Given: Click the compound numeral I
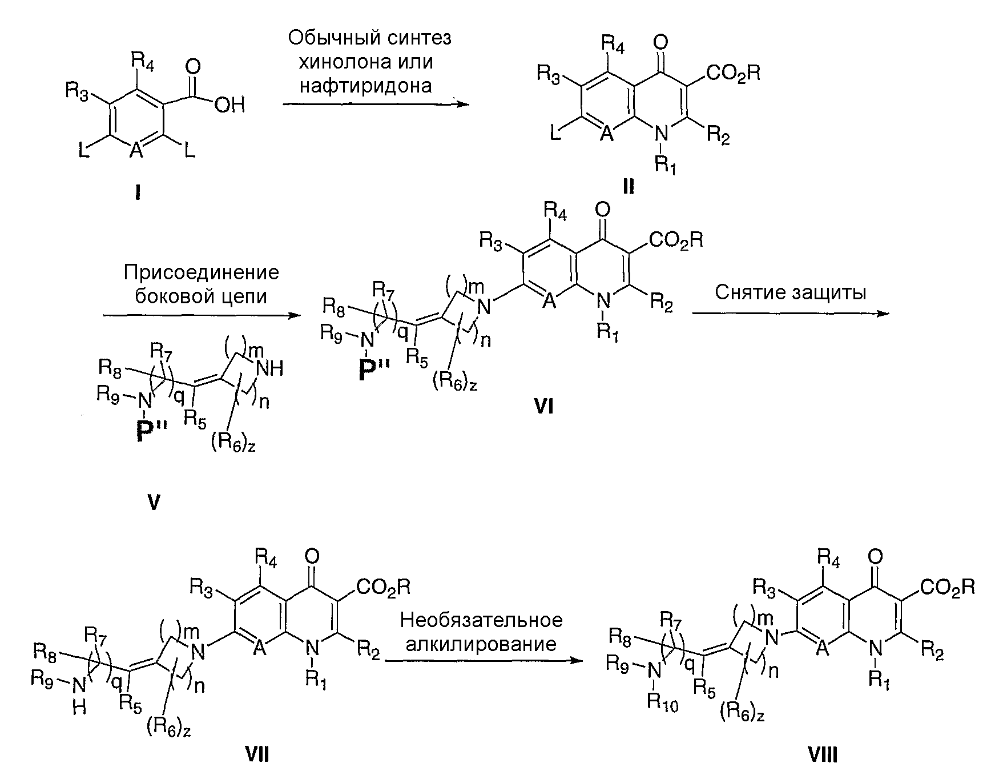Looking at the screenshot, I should [x=138, y=194].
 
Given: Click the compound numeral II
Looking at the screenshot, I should [x=629, y=186].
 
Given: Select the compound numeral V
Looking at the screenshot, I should [x=154, y=502].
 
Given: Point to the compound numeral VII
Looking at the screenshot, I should [x=257, y=755].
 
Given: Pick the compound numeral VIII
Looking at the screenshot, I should [x=823, y=755].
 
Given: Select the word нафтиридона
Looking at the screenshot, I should [x=365, y=86].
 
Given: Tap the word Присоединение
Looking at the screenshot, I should [x=202, y=272].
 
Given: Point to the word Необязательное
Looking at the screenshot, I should [x=481, y=620].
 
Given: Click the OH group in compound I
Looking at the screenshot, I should [x=229, y=106].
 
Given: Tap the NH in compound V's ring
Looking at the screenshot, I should [x=269, y=369].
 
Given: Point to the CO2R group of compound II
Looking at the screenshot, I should [x=733, y=73].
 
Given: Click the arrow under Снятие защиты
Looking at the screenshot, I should [x=791, y=313].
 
